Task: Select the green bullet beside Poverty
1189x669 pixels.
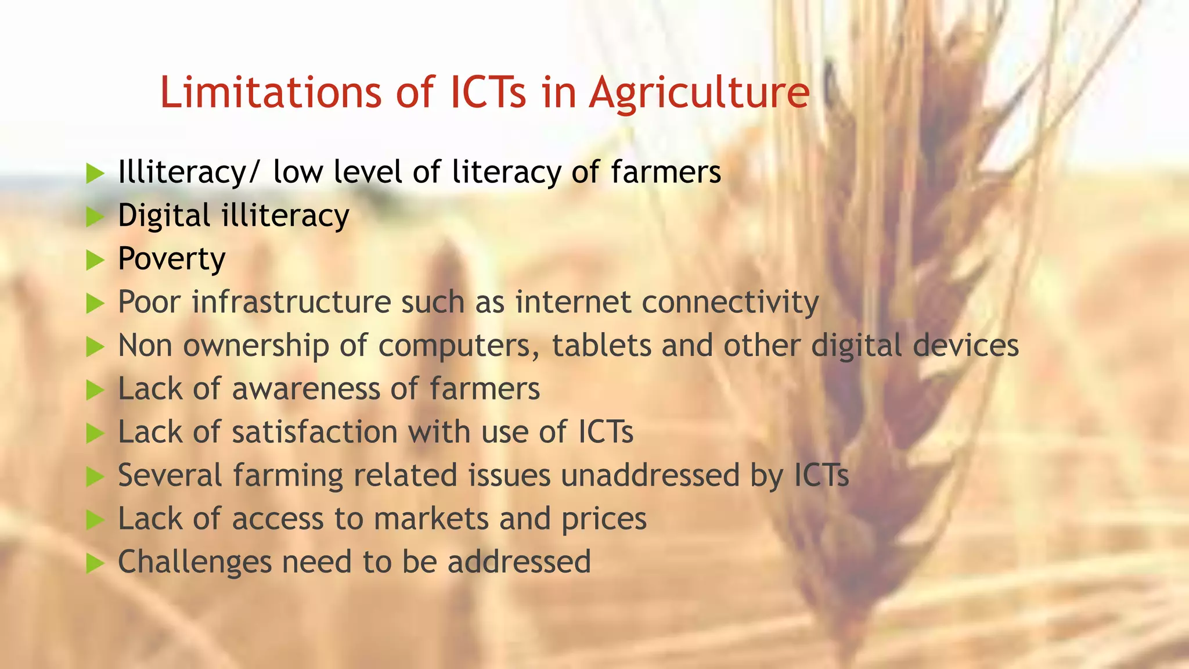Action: (x=95, y=260)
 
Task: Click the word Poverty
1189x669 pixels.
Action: (x=172, y=259)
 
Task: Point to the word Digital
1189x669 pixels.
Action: (x=164, y=216)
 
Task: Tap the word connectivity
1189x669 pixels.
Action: (x=730, y=303)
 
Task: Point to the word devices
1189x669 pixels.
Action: (x=965, y=346)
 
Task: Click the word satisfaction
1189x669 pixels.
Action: (x=315, y=432)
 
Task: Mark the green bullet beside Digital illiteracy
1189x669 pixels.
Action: (x=95, y=217)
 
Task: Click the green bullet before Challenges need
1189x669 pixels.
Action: (x=95, y=563)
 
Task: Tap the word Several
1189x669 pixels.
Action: (x=170, y=476)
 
